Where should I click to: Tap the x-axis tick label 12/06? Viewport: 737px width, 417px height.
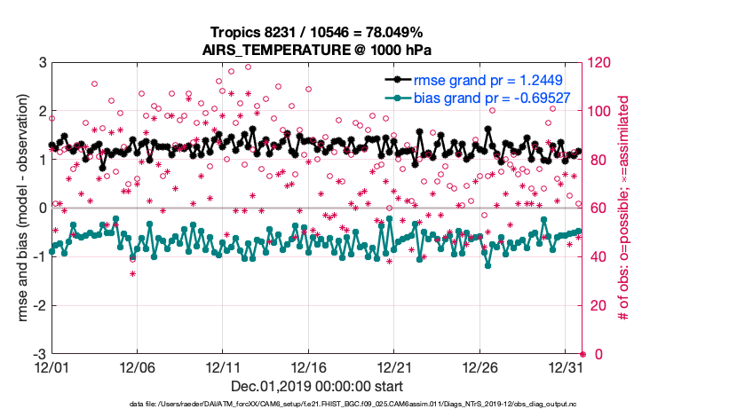138,367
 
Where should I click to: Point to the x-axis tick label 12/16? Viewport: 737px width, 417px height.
309,367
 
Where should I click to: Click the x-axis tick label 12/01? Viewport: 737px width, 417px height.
52,367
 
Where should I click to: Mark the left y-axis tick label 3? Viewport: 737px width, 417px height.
41,62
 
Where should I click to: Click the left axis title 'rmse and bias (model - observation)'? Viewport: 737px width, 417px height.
17,208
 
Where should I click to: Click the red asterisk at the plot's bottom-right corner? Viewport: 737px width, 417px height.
582,354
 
